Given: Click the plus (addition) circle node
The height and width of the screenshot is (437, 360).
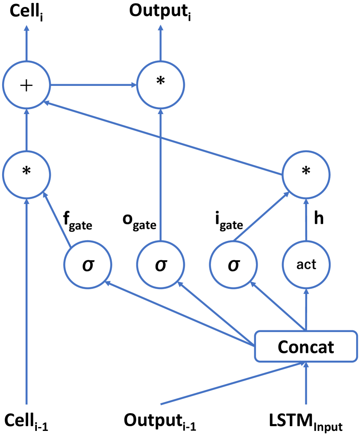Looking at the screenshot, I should pyautogui.click(x=26, y=85).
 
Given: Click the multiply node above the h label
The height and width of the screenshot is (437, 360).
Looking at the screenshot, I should pyautogui.click(x=306, y=171).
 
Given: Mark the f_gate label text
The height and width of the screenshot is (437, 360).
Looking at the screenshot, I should pyautogui.click(x=78, y=218).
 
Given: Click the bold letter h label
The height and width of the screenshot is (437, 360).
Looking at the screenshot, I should pyautogui.click(x=318, y=218).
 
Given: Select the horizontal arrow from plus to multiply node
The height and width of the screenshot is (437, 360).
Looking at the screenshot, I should pyautogui.click(x=93, y=85).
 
